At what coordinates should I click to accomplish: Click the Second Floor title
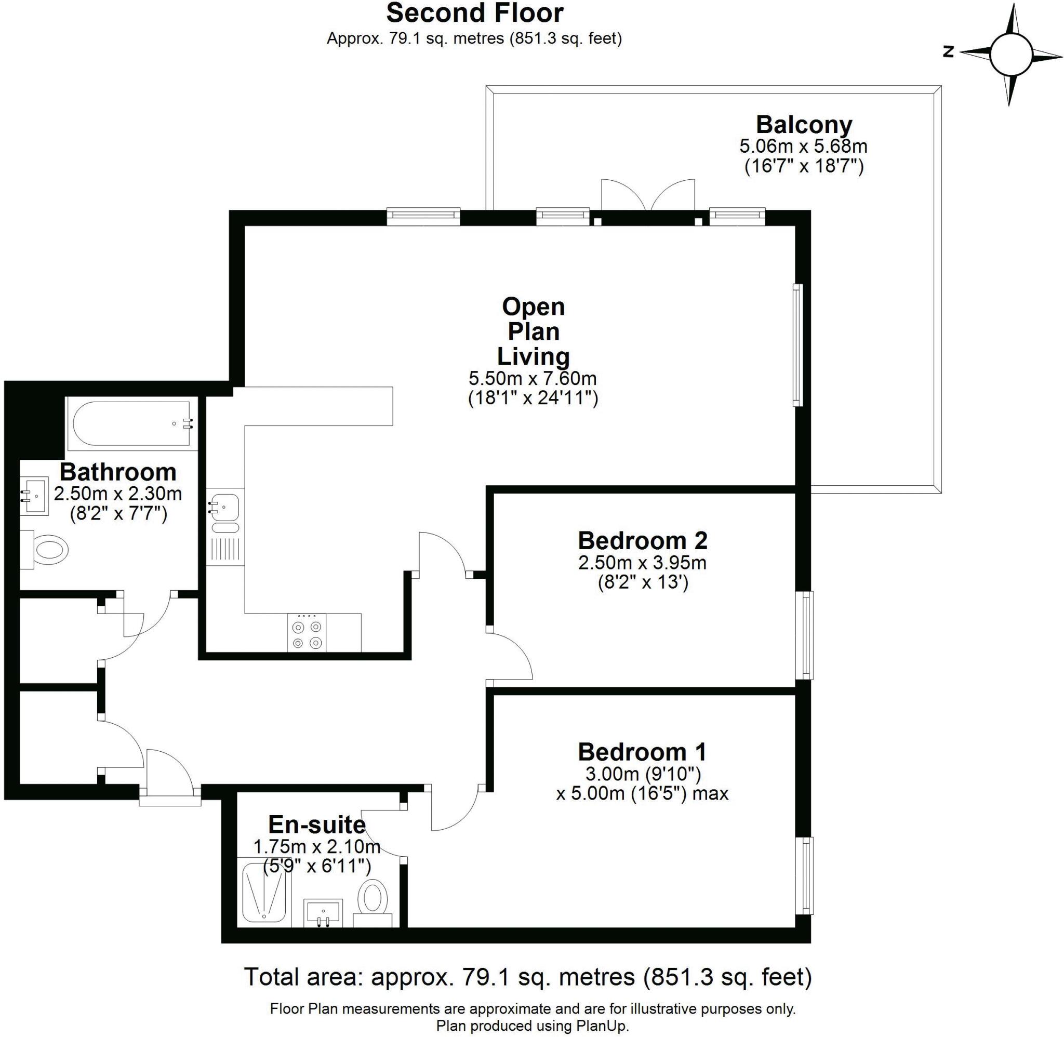click(474, 13)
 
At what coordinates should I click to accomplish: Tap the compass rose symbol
click(1011, 54)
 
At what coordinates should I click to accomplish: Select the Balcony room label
click(803, 125)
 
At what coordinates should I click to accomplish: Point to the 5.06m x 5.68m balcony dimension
click(803, 146)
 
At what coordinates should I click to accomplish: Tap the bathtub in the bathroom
click(131, 426)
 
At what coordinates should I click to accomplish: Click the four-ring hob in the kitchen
click(307, 632)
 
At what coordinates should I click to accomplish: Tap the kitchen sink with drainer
click(225, 526)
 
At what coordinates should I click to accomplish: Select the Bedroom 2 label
click(642, 540)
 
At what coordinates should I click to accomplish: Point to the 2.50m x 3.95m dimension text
click(642, 562)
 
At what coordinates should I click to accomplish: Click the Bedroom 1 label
click(642, 752)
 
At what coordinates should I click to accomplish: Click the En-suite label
click(316, 825)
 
